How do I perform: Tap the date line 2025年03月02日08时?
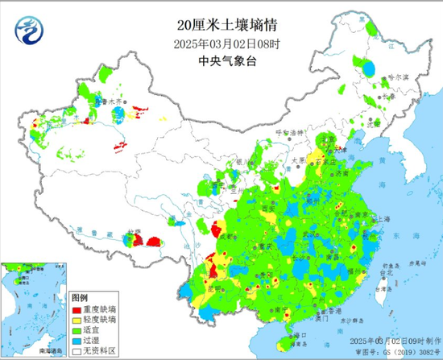point(221,27)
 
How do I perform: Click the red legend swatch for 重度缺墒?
point(77,309)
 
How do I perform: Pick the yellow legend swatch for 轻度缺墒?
point(77,320)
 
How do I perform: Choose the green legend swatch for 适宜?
point(77,330)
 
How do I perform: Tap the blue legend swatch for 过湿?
point(77,341)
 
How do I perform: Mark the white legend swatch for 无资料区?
point(77,351)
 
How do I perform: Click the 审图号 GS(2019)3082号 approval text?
point(397,353)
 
